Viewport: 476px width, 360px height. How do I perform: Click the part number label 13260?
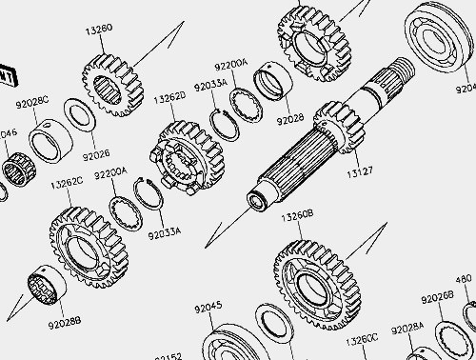click(98, 29)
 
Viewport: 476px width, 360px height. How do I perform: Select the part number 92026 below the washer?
click(96, 152)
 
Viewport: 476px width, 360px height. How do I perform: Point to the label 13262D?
click(170, 96)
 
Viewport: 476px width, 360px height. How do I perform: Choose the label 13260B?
click(296, 216)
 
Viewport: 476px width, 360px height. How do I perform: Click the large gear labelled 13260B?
click(318, 279)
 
